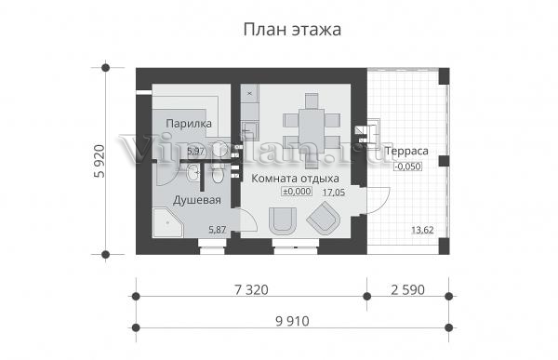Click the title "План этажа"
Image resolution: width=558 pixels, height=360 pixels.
292,30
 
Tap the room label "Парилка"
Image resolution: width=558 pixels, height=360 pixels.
189,124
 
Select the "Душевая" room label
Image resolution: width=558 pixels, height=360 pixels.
197,201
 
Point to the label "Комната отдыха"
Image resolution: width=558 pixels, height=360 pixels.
295,178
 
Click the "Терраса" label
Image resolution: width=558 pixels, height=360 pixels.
406,151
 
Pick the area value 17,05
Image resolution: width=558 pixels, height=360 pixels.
334,193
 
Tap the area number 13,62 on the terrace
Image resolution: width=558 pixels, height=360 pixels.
422,230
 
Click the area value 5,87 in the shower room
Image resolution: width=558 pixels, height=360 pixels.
217,230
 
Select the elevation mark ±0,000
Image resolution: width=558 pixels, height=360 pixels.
297,192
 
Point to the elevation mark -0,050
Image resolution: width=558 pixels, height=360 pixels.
408,167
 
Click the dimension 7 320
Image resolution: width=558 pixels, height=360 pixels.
251,290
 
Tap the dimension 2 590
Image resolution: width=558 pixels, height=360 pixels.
408,290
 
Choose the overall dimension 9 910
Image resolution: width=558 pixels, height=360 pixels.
292,322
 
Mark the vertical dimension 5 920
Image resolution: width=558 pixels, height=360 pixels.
100,161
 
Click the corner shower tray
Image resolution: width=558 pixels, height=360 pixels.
167,223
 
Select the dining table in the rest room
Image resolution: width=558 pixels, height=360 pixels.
312,130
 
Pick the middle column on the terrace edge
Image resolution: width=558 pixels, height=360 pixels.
444,161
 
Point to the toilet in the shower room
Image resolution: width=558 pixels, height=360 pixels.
218,174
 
